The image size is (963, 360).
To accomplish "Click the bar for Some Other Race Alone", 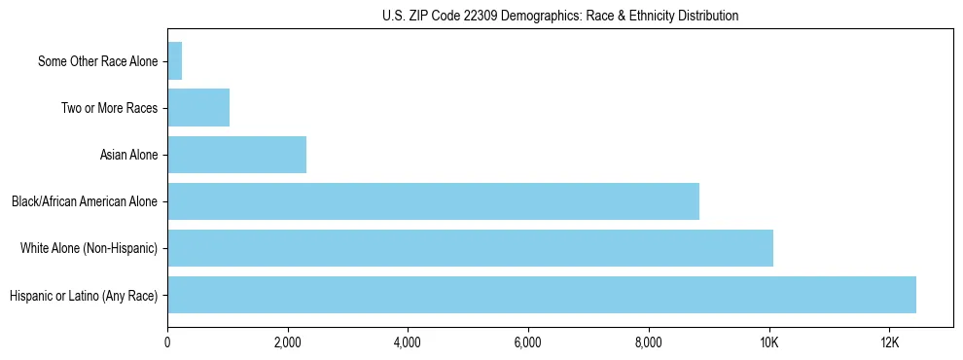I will pyautogui.click(x=175, y=61).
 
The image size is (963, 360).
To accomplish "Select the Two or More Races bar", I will pyautogui.click(x=198, y=108).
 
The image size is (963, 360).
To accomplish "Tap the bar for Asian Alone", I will pyautogui.click(x=236, y=155).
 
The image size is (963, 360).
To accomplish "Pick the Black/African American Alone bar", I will pyautogui.click(x=433, y=201).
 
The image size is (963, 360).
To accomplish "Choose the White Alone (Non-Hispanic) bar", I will pyautogui.click(x=470, y=248).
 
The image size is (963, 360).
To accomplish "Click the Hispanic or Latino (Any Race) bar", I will pyautogui.click(x=542, y=295).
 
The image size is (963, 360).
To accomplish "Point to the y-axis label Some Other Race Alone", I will pyautogui.click(x=97, y=62).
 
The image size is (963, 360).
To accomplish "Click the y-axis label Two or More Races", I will pyautogui.click(x=110, y=109).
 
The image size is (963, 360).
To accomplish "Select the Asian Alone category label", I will pyautogui.click(x=129, y=156).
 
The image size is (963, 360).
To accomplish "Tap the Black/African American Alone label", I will pyautogui.click(x=85, y=202).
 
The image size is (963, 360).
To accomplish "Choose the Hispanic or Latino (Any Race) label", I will pyautogui.click(x=84, y=296).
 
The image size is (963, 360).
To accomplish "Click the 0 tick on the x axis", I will pyautogui.click(x=167, y=342).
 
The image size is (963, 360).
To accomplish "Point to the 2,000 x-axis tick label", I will pyautogui.click(x=287, y=342).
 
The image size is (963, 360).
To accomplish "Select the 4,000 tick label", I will pyautogui.click(x=408, y=342).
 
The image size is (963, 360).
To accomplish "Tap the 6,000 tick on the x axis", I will pyautogui.click(x=527, y=342).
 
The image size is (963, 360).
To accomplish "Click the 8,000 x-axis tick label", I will pyautogui.click(x=648, y=342).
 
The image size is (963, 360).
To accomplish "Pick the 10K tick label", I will pyautogui.click(x=768, y=342).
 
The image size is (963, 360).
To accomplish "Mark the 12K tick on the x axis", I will pyautogui.click(x=889, y=342).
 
